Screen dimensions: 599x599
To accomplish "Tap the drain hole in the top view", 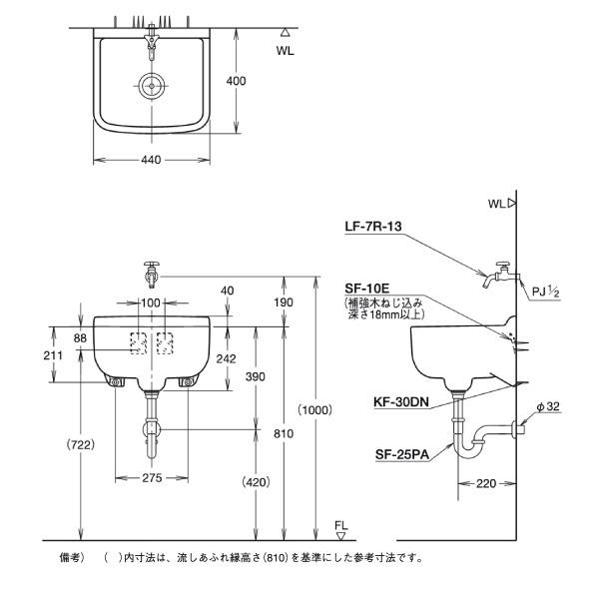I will tap(152, 86).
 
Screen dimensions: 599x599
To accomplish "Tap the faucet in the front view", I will tap(151, 273).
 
